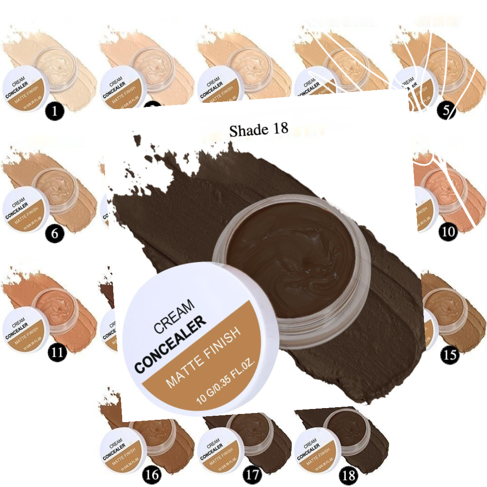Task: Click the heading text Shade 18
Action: point(258,130)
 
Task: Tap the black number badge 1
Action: point(55,111)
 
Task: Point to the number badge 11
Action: point(56,352)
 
